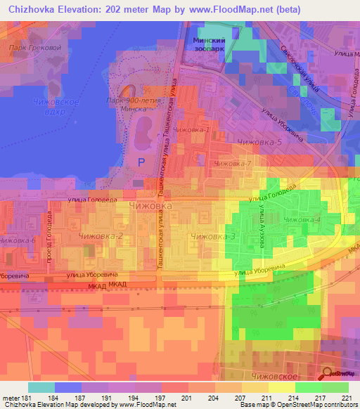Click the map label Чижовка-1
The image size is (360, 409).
tap(191, 129)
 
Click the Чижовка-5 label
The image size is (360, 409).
tap(259, 143)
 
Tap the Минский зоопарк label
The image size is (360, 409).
tap(209, 46)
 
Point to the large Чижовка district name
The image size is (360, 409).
tap(150, 205)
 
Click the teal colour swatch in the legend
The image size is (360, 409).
tap(41, 387)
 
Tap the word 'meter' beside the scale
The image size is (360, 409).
tap(12, 398)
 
